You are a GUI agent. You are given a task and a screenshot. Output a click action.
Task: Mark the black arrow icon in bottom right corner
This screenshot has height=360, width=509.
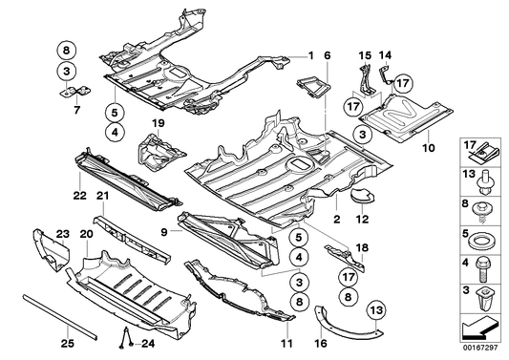click(x=482, y=328)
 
